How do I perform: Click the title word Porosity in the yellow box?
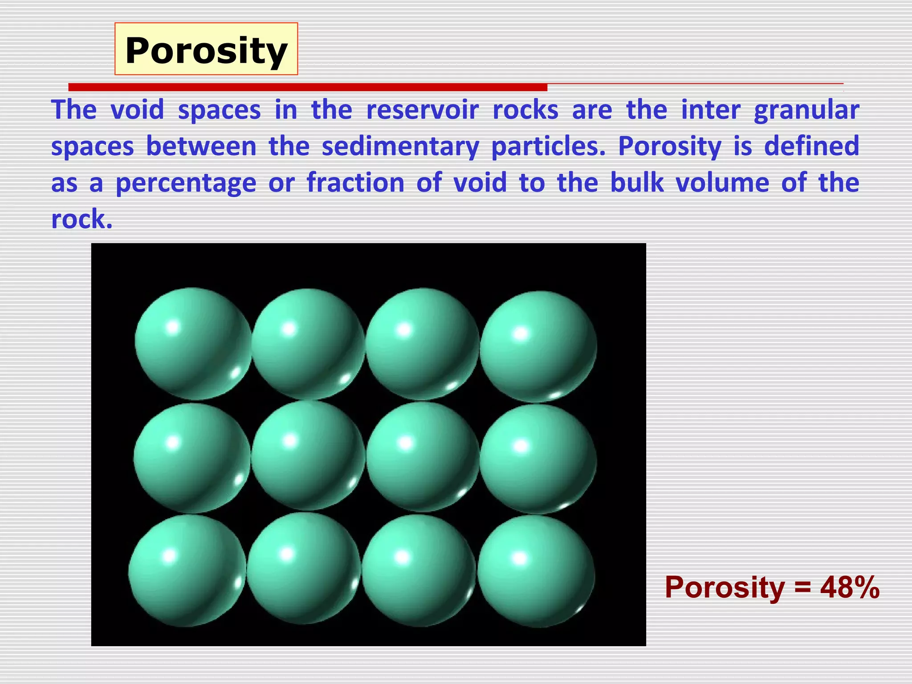[206, 50]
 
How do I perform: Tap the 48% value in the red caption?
[850, 587]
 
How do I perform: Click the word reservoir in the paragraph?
[422, 110]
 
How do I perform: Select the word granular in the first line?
[806, 110]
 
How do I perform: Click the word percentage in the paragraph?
[186, 183]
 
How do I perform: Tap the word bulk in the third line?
[637, 183]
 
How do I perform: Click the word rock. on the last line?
[81, 219]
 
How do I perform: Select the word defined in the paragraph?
[811, 146]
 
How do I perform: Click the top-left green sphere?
[193, 343]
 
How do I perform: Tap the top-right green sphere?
[538, 346]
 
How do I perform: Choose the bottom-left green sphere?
[187, 571]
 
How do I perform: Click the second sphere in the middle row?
[308, 456]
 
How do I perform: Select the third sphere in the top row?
[422, 344]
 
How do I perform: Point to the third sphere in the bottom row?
[419, 570]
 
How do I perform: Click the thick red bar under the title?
[307, 87]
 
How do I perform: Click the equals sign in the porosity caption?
[802, 588]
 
